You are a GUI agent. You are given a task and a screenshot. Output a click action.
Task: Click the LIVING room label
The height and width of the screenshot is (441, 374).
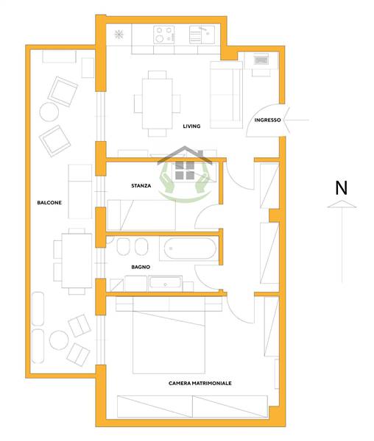point(191,126)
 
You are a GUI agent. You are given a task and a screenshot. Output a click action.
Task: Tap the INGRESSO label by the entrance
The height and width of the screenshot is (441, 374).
point(267,120)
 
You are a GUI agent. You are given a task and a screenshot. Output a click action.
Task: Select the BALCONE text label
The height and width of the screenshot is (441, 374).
point(49,203)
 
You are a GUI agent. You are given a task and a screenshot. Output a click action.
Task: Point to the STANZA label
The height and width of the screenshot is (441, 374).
point(141,186)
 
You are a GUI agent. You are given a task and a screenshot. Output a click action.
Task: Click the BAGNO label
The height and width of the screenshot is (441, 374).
point(141,267)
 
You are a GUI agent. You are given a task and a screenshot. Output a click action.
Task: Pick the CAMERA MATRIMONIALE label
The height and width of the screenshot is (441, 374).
point(200,383)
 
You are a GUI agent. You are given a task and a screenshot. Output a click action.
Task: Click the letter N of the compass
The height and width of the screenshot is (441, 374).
point(342,188)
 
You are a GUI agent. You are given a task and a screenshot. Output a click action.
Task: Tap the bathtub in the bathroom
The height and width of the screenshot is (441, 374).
point(190,248)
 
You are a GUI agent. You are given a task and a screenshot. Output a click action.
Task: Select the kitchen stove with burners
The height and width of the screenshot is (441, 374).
point(163,35)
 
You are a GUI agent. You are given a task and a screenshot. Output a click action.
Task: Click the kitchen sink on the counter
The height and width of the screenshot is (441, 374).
point(202,35)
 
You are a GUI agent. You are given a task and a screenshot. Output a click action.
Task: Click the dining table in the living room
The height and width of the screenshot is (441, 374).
point(157,104)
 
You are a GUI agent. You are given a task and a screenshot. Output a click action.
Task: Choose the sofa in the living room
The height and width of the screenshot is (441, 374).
point(227,95)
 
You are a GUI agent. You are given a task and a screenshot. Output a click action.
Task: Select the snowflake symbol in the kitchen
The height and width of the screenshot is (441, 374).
point(119,35)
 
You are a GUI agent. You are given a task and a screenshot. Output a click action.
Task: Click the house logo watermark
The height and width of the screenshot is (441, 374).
point(185,173)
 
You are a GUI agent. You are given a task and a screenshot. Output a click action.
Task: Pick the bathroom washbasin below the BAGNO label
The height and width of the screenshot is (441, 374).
point(165,283)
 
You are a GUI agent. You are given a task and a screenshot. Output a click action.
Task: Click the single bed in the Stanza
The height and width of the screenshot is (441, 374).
point(141,215)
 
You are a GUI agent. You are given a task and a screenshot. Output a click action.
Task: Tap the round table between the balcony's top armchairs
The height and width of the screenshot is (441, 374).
point(49,112)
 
